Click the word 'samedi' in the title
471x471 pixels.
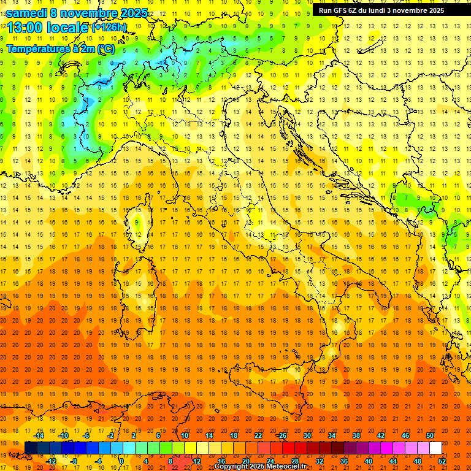(28, 13)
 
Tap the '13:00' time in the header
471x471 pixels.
(25, 27)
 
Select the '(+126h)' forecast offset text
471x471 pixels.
(109, 27)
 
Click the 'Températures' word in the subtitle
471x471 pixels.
(34, 48)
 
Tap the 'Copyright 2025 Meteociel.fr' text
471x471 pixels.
(260, 466)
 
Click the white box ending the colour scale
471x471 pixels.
(435, 448)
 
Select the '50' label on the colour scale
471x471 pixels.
(429, 435)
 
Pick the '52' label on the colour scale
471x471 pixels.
(442, 461)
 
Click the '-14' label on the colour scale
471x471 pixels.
(39, 435)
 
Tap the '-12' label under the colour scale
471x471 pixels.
(52, 461)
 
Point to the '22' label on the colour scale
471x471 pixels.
(258, 435)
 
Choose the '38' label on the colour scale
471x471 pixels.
(356, 435)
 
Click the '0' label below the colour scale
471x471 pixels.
(121, 461)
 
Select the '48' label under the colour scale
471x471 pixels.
(417, 461)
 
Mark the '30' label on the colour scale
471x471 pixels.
(307, 435)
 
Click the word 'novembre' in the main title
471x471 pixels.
(90, 13)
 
